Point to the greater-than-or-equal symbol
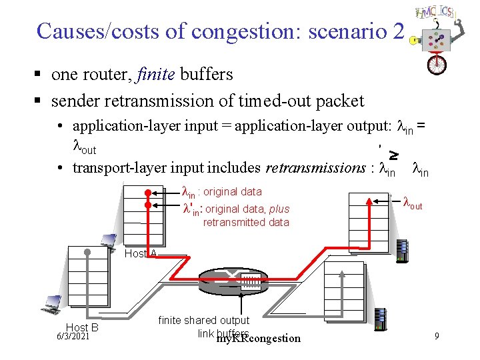point(394,155)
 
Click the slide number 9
point(436,336)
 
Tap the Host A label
point(141,253)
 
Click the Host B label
point(82,327)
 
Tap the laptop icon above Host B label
point(51,304)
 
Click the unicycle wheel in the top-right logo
point(437,64)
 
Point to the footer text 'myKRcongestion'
point(259,339)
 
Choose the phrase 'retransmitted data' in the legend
point(246,222)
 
